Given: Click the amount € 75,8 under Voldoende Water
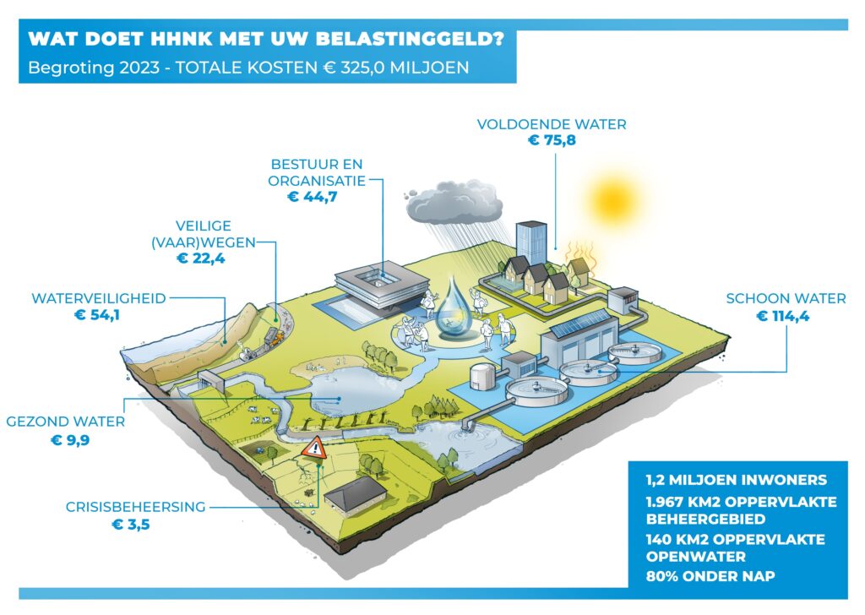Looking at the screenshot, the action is coord(552,140).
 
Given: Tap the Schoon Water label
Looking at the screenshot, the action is coord(786,298).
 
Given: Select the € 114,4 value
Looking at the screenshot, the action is coord(782,316).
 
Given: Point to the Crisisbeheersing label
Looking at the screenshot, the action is coord(135,507).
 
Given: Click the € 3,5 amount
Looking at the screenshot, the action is coord(131,524).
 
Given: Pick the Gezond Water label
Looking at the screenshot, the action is coord(66,422).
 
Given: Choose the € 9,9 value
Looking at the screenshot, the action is coord(70,440).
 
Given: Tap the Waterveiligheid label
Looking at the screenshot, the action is coord(99,298).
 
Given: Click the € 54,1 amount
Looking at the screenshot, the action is coord(97,315).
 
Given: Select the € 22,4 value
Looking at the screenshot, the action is coord(201,259).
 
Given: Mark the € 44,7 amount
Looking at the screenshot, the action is coord(313,196).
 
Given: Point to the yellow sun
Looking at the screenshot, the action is coord(613,200).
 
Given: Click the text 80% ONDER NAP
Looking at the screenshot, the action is coord(710,576).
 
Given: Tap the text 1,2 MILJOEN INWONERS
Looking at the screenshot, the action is coord(736,480).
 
